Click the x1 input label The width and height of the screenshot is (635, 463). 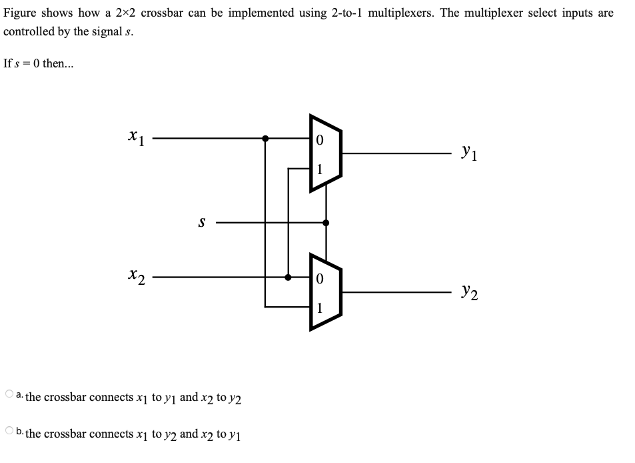click(135, 138)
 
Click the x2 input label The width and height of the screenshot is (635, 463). click(135, 276)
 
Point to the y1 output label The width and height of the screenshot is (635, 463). click(468, 154)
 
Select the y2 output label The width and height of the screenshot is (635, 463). click(468, 292)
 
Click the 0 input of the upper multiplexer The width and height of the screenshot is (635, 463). click(320, 141)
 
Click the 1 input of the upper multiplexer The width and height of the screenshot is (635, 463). click(320, 169)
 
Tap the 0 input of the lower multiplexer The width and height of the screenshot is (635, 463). click(320, 279)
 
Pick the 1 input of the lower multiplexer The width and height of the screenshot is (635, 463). click(320, 307)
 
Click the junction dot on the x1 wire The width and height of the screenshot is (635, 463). click(265, 139)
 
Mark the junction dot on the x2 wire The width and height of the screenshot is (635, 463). click(288, 277)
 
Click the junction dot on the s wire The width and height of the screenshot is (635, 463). click(325, 222)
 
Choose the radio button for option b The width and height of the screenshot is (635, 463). click(9, 431)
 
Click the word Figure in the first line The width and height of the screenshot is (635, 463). click(19, 13)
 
